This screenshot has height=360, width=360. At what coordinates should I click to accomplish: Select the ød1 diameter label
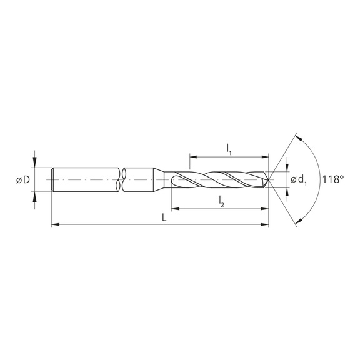[298, 180]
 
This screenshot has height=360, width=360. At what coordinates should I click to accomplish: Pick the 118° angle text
[334, 179]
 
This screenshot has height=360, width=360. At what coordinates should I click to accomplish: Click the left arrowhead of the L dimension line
[55, 222]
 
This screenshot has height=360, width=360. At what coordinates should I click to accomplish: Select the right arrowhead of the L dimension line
[266, 222]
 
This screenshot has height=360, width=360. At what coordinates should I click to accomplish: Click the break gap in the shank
[121, 180]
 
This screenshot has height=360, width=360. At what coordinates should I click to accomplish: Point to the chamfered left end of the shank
[52, 180]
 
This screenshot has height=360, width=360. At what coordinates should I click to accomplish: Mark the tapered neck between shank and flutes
[164, 180]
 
